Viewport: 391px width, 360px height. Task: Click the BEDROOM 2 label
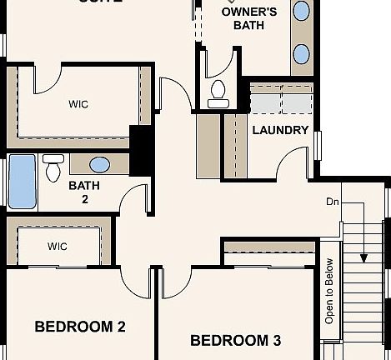coord(79,326)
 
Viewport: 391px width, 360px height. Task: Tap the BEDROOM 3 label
coord(235,340)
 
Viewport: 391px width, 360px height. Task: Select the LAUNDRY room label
coord(280,130)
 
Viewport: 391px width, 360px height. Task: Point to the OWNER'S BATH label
coord(248,18)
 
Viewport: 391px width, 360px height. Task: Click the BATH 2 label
coord(84,192)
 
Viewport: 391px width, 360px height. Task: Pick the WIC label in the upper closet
coord(78,104)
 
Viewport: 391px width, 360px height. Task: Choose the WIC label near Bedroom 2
coord(57,246)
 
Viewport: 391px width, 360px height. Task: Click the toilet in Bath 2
coord(53,167)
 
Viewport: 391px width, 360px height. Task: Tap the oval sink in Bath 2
coord(99,164)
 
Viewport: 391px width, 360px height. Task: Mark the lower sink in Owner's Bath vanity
coord(302,54)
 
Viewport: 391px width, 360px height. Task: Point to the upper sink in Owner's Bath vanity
coord(302,10)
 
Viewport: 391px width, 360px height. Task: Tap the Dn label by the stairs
coord(333,202)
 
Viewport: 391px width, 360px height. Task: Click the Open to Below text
coord(329,290)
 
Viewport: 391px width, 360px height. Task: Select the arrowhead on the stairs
coord(363,257)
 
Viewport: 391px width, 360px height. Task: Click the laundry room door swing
coord(292,162)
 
